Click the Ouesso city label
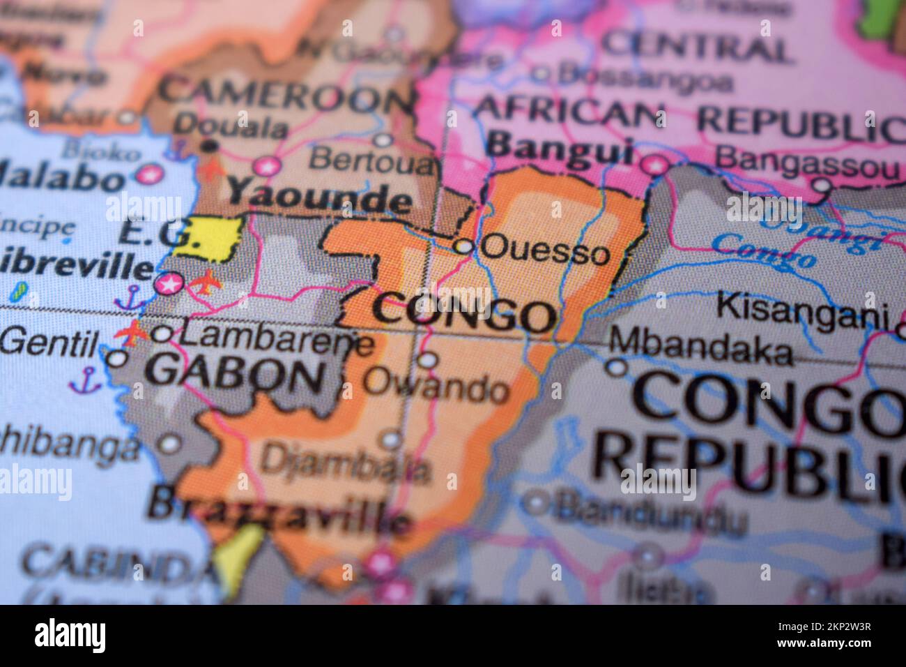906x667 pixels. (x=545, y=250)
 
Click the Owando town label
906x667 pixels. (x=436, y=388)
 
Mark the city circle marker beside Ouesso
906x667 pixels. (x=463, y=246)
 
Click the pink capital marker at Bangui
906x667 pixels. (x=654, y=165)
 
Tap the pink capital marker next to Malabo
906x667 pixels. (x=147, y=174)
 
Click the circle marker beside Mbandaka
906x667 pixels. (x=616, y=366)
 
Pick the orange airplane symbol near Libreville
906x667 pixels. (x=205, y=284)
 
